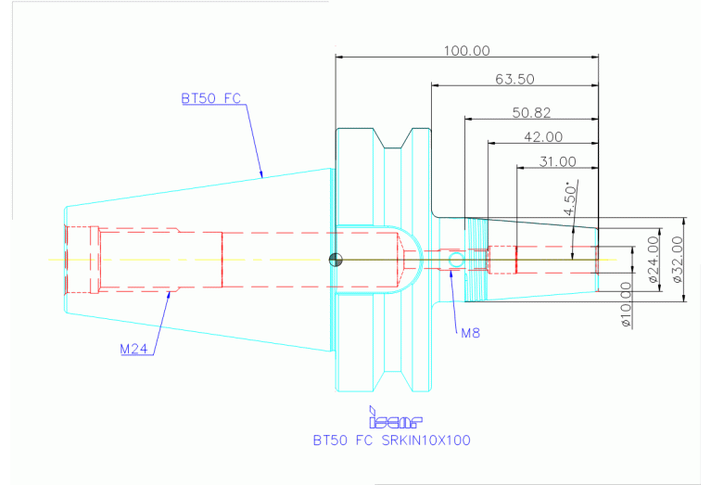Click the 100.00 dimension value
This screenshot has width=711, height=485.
tap(467, 51)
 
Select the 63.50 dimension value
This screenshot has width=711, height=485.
tap(514, 80)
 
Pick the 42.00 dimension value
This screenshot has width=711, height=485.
tap(543, 137)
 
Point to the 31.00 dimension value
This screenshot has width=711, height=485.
tap(557, 161)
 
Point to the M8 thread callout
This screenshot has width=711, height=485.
tap(470, 331)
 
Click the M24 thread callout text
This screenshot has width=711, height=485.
tap(135, 350)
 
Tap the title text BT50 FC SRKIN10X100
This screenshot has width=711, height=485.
tap(391, 440)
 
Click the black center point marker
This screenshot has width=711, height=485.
tap(336, 260)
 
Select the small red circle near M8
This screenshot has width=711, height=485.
tap(453, 261)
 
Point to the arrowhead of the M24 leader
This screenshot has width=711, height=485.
tap(168, 295)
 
